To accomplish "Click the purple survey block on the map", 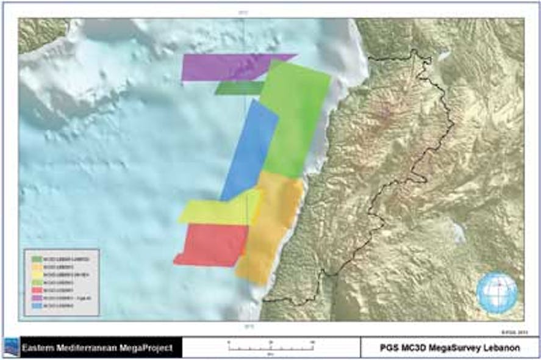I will (220, 67).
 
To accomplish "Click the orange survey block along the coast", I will (271, 226).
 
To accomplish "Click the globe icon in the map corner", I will (496, 292).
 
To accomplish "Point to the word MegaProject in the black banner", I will (145, 348).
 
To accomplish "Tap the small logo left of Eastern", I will (11, 347).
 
